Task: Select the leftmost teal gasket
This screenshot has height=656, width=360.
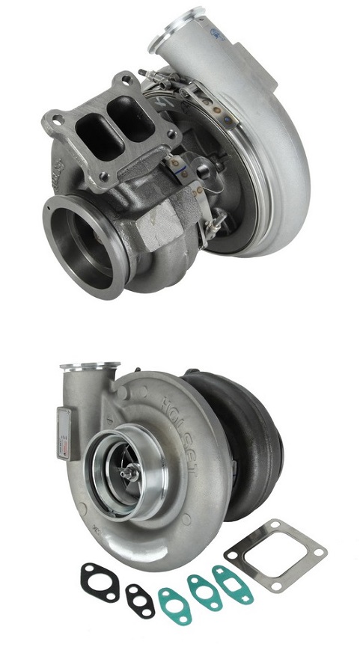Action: click(x=174, y=602)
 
